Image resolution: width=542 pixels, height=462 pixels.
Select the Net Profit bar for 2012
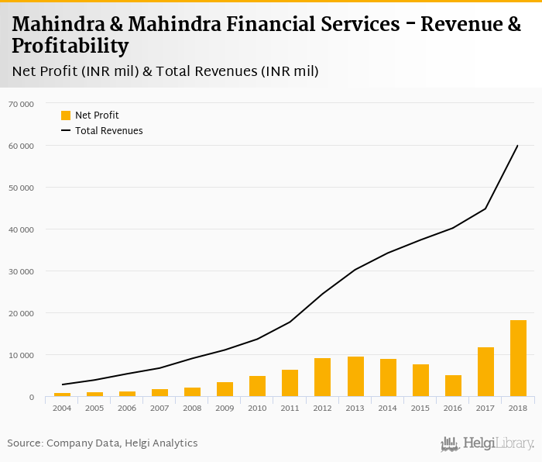coord(323,378)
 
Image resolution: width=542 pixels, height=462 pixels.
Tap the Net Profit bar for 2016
coord(453,386)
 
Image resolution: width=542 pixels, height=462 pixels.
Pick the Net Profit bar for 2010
coord(258,386)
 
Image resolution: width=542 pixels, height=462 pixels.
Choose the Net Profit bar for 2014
coord(388,378)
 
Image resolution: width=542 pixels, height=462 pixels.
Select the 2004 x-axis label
coord(62,407)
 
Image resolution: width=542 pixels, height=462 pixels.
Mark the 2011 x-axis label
coord(290,407)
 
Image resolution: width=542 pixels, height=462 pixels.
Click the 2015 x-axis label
coord(420,407)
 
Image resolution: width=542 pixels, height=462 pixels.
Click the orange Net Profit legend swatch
coord(66,115)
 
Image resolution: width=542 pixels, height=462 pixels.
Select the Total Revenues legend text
coord(109,131)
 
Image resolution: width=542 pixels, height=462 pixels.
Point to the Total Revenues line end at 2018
coord(518,145)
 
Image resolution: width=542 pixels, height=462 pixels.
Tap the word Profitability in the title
coord(70,47)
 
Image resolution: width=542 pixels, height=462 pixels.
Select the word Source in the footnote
coord(25,443)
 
